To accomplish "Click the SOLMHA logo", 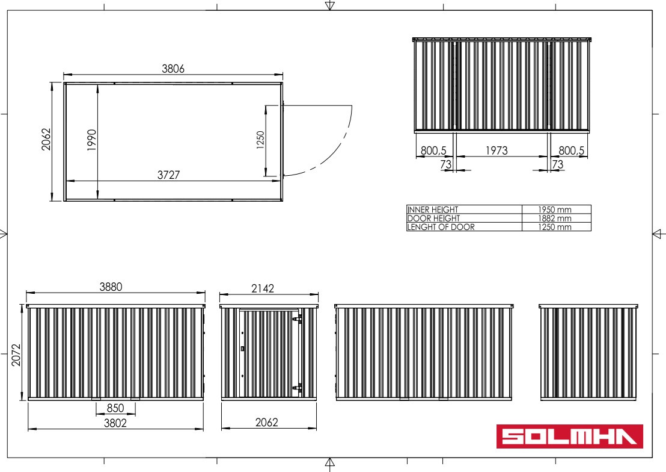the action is (570, 436).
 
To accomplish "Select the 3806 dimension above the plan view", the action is (173, 69).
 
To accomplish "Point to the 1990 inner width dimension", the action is (92, 140).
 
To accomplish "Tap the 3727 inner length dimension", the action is (169, 175).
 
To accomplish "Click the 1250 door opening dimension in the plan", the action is (260, 140).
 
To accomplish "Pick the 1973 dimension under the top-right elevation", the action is (496, 151).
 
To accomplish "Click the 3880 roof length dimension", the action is (111, 287).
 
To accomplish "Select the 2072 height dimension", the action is (16, 355).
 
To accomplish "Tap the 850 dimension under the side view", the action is (115, 408).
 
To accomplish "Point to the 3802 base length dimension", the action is (115, 423).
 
